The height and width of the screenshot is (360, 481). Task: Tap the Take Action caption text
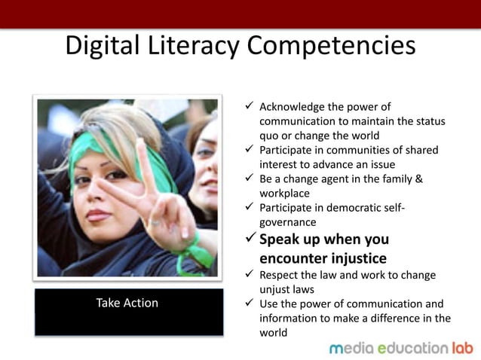pyautogui.click(x=127, y=304)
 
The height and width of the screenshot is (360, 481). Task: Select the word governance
pyautogui.click(x=288, y=222)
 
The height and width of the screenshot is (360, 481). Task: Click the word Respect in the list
pyautogui.click(x=280, y=275)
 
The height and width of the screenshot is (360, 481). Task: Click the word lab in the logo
pyautogui.click(x=461, y=348)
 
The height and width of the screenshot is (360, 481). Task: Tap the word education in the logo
pyautogui.click(x=412, y=348)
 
